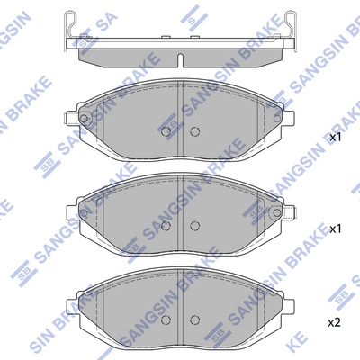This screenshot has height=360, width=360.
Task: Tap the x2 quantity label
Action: tap(334, 321)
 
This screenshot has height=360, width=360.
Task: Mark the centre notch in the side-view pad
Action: tap(180, 63)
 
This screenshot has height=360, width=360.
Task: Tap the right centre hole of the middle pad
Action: tap(193, 225)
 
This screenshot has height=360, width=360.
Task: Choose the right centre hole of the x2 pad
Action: tap(193, 317)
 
